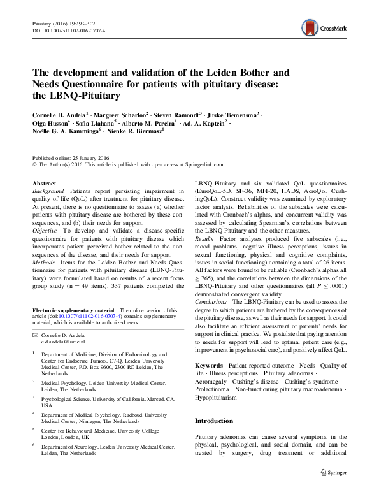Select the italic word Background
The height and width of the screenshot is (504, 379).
[48, 191]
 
